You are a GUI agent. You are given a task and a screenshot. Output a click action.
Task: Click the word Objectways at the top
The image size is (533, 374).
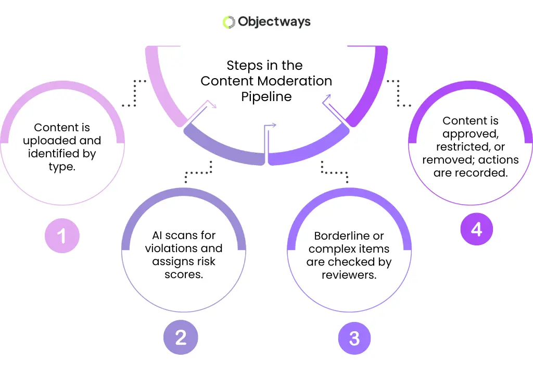pyautogui.click(x=274, y=22)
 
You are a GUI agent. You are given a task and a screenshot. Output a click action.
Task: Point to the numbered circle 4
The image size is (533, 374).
pyautogui.click(x=477, y=229)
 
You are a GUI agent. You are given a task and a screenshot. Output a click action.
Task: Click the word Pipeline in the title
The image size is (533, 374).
pyautogui.click(x=266, y=96)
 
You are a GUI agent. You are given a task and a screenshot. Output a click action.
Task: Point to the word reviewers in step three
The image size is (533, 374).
pyautogui.click(x=348, y=275)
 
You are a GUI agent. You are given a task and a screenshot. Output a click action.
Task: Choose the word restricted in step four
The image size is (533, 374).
pyautogui.click(x=470, y=147)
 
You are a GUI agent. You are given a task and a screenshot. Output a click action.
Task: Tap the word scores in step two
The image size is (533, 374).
pyautogui.click(x=184, y=274)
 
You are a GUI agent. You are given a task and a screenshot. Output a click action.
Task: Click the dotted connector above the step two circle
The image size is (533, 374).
pyautogui.click(x=200, y=170)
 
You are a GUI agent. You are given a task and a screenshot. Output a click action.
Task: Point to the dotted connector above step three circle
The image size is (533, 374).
pyautogui.click(x=334, y=170)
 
